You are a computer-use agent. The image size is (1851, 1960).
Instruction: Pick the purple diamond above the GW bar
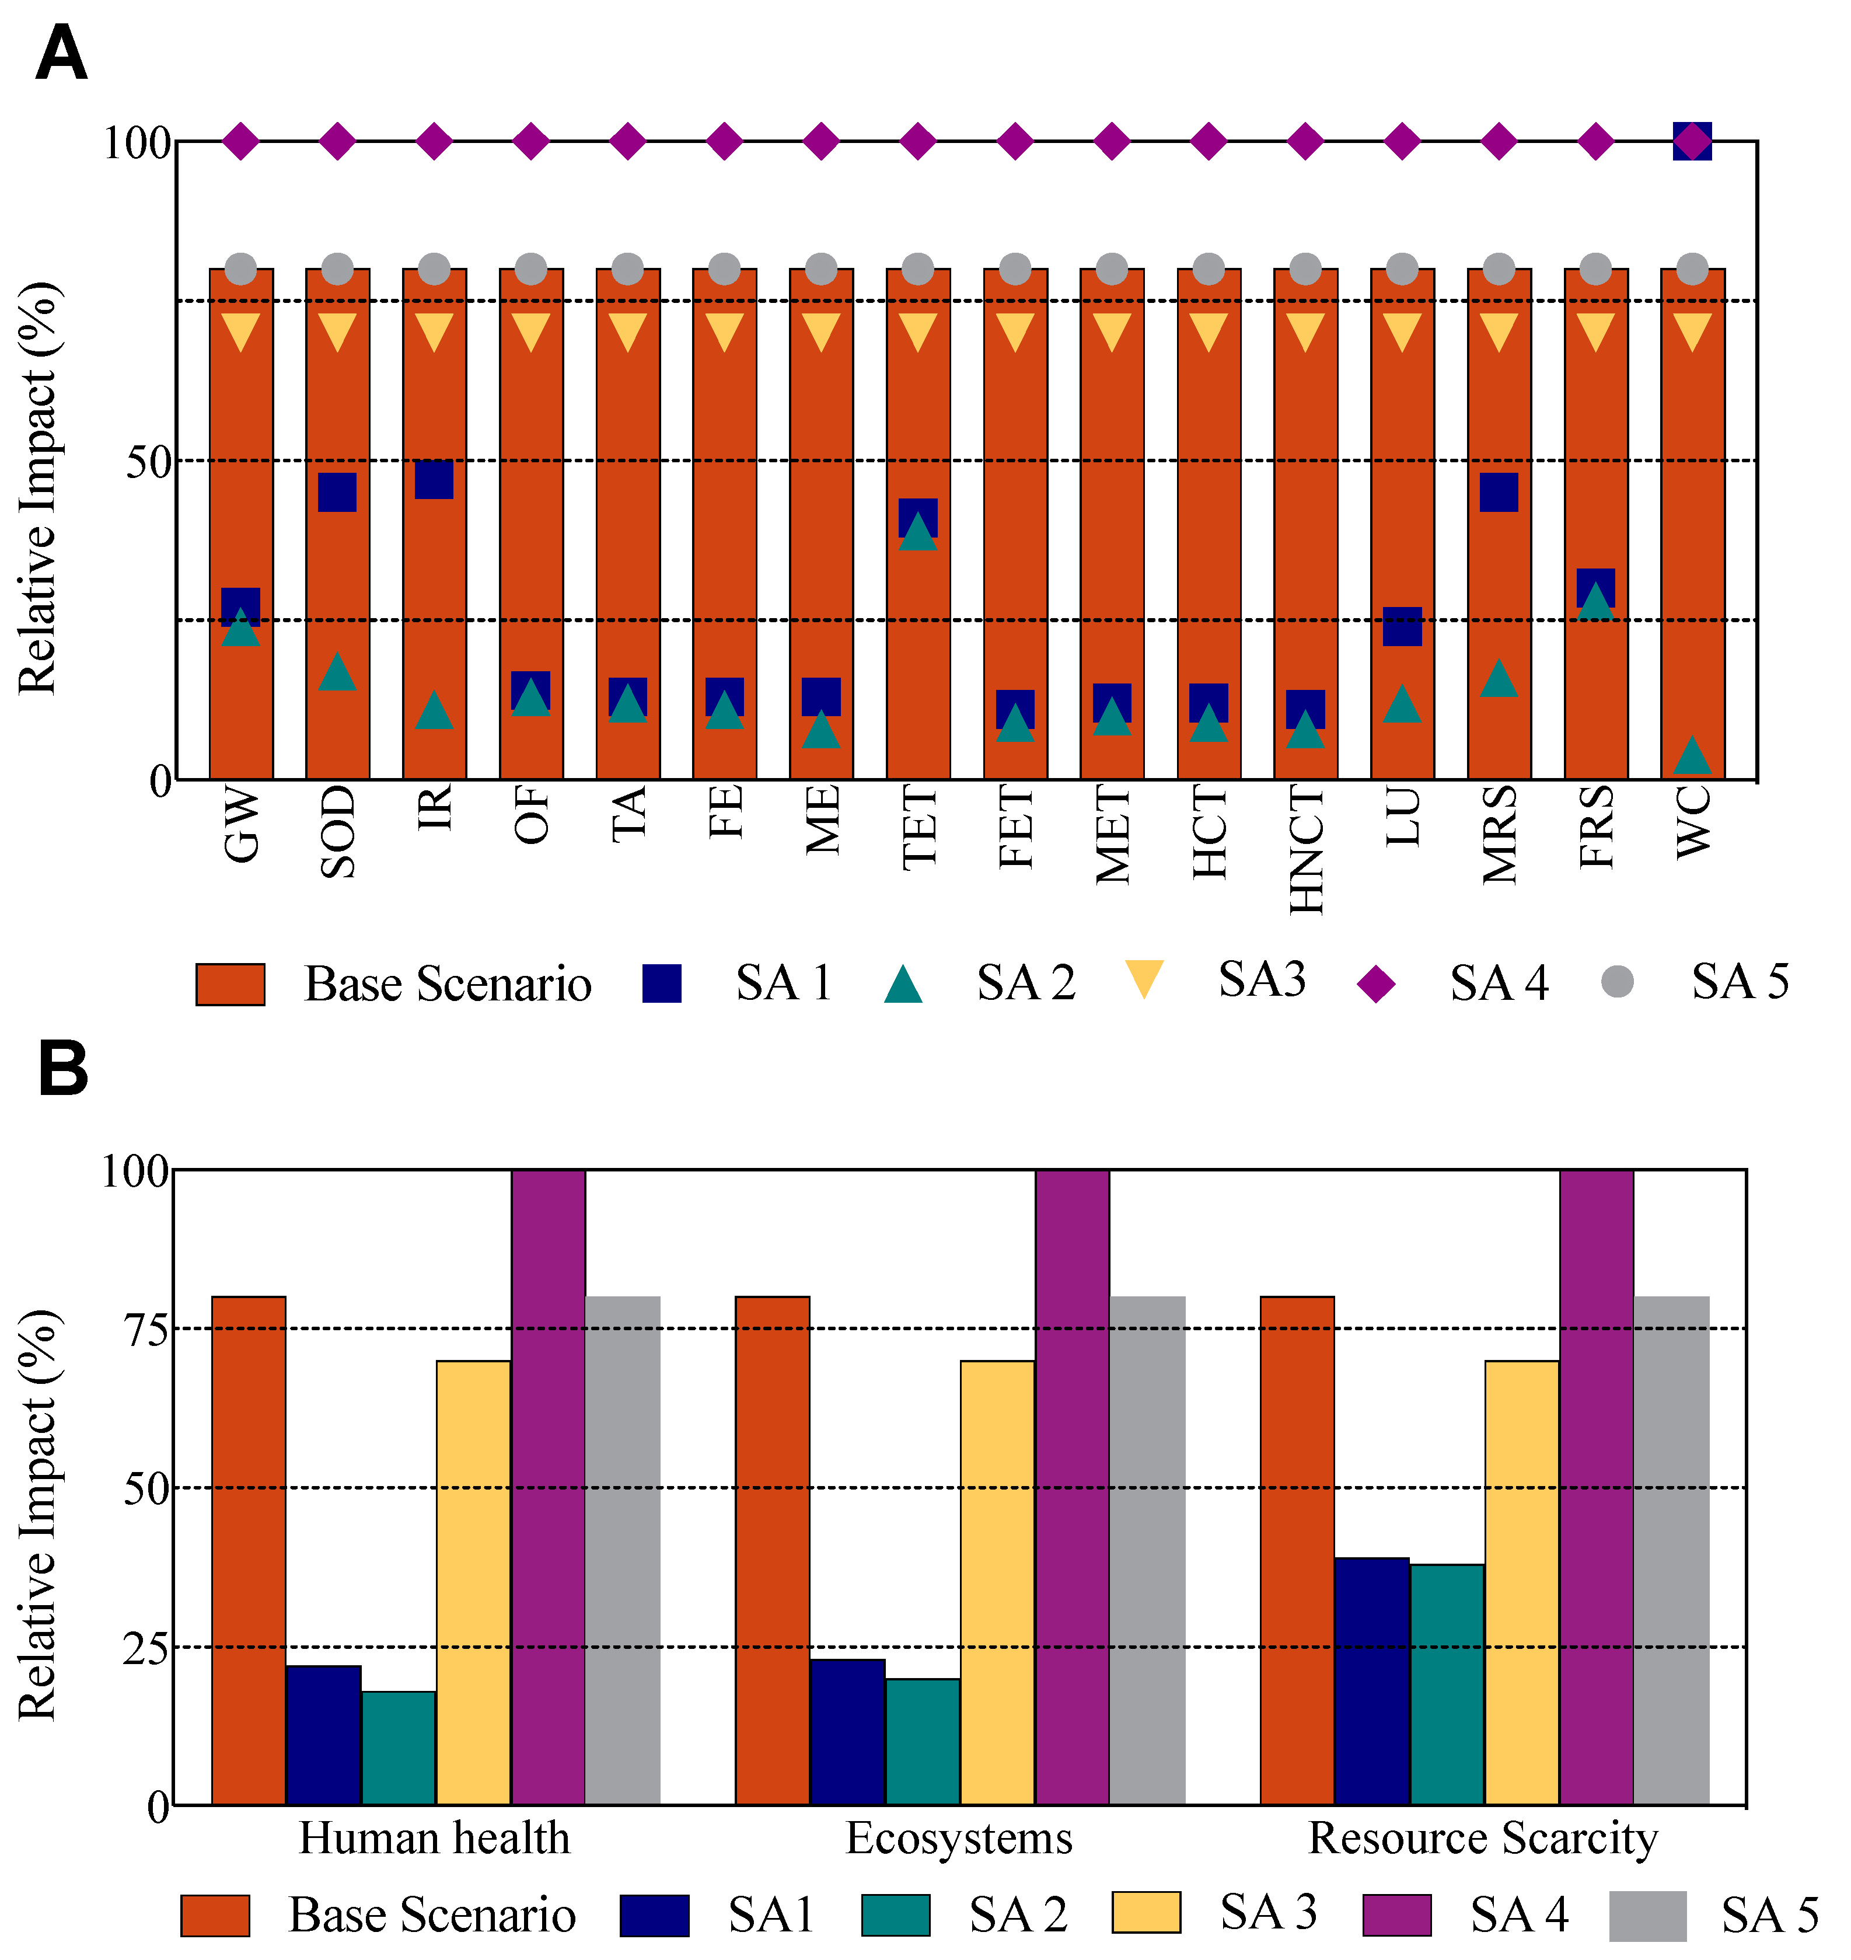[x=241, y=141]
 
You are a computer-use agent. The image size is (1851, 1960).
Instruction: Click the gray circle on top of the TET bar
[x=917, y=268]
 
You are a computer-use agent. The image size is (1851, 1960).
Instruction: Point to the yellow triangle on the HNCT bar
[x=1305, y=332]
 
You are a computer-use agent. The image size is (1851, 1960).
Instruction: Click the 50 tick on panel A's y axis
[x=149, y=462]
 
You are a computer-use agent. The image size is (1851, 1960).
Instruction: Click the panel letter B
[x=63, y=1071]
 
